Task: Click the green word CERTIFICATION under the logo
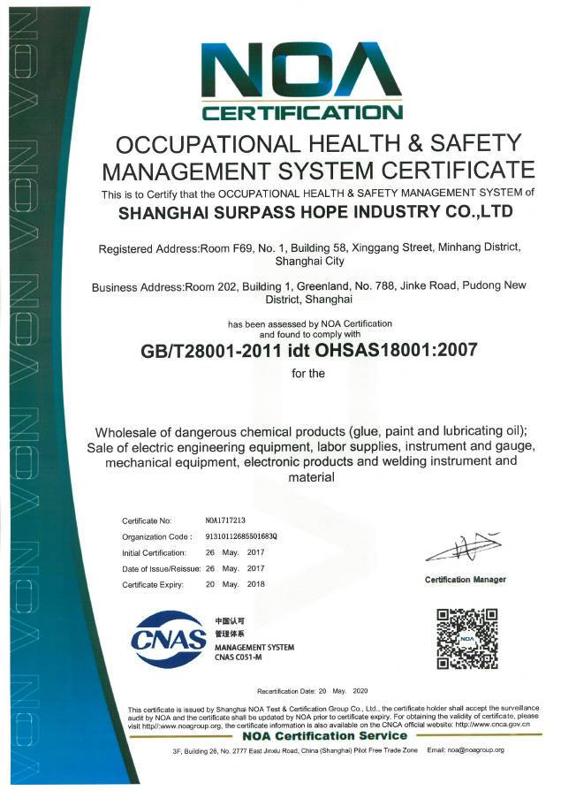[302, 112]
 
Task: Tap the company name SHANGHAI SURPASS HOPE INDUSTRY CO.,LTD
[315, 212]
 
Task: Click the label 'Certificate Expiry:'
[152, 584]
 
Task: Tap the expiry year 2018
[256, 584]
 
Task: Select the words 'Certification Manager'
[466, 580]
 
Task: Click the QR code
[467, 638]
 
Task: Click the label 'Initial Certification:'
[155, 552]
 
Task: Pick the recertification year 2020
[360, 689]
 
